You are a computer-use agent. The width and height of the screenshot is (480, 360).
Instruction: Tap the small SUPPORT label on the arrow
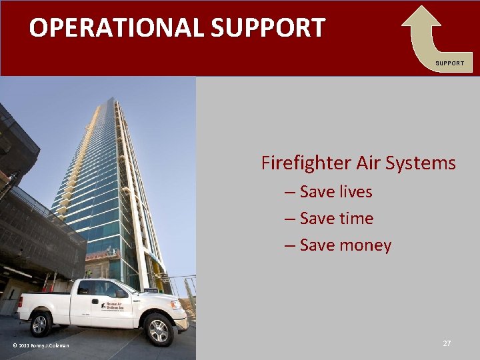[x=449, y=63]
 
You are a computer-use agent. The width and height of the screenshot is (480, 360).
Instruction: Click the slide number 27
[x=447, y=343]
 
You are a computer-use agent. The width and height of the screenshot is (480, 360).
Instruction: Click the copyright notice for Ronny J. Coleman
[x=40, y=345]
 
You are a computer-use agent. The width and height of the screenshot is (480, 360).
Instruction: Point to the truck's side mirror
[x=121, y=293]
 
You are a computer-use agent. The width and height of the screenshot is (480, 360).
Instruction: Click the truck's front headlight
[x=177, y=305]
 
